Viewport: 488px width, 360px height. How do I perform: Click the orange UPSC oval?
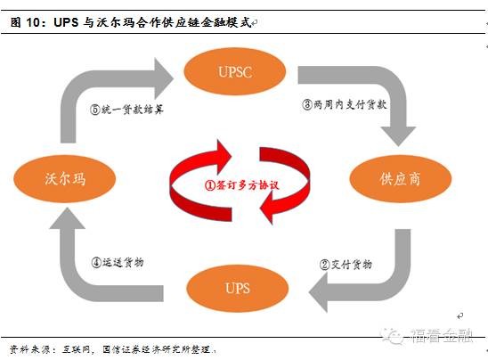235,71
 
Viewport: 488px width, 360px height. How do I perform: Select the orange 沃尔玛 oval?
65,179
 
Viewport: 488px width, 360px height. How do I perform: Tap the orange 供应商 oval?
401,179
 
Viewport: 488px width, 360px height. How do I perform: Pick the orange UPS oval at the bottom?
238,288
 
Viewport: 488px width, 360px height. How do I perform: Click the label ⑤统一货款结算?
126,110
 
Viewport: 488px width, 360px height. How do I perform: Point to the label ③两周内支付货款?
345,104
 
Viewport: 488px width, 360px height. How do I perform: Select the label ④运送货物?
118,263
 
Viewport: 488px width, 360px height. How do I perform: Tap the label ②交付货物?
346,265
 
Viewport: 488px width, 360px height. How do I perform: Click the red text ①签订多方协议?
241,185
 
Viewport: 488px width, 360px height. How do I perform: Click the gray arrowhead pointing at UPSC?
163,78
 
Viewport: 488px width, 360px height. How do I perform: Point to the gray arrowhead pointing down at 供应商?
398,136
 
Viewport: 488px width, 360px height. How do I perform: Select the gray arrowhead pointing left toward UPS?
318,292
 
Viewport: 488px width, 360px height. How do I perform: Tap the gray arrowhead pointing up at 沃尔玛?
67,218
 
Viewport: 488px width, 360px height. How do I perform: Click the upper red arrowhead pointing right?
224,156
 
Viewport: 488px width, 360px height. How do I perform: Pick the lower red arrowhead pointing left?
267,208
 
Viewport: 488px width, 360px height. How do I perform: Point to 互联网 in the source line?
77,349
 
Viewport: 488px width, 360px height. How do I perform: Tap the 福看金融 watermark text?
442,335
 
